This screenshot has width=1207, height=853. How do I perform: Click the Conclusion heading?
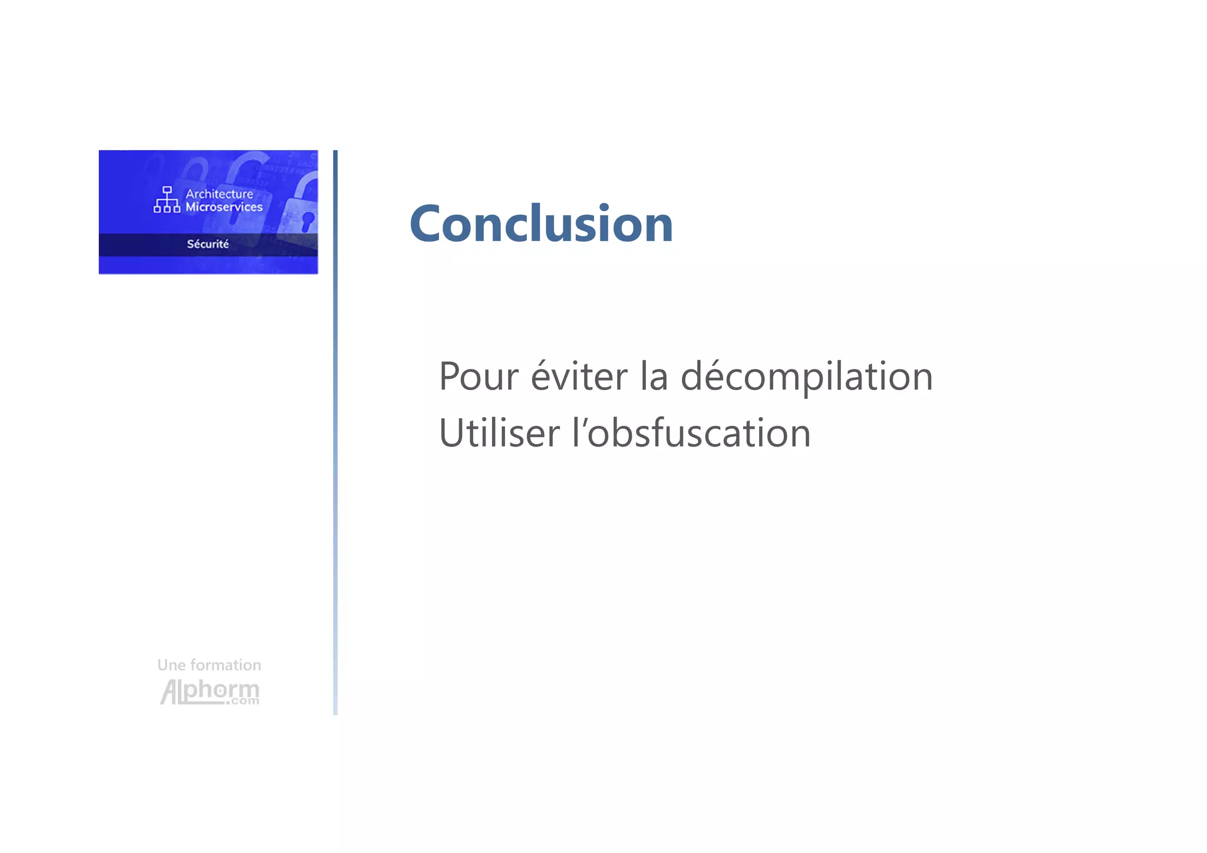[541, 224]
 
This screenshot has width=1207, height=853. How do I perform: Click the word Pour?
[479, 376]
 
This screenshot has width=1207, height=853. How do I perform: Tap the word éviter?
[579, 376]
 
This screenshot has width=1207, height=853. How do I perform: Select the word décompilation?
[806, 376]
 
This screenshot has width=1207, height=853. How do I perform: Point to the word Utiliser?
[499, 434]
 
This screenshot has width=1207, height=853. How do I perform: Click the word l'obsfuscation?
[691, 434]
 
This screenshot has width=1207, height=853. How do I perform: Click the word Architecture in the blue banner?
[219, 194]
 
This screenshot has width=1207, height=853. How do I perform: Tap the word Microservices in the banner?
[224, 207]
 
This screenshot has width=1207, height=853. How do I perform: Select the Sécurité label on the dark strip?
[207, 244]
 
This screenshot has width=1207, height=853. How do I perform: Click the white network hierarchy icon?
[167, 200]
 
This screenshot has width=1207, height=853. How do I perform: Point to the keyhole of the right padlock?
[307, 221]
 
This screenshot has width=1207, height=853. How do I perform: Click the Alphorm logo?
[210, 692]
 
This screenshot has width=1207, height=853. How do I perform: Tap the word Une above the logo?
[171, 665]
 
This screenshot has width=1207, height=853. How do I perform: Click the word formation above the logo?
[226, 665]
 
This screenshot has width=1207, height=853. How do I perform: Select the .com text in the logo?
[242, 701]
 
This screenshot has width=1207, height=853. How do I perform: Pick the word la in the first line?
[654, 376]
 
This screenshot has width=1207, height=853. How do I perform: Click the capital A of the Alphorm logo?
[170, 692]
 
